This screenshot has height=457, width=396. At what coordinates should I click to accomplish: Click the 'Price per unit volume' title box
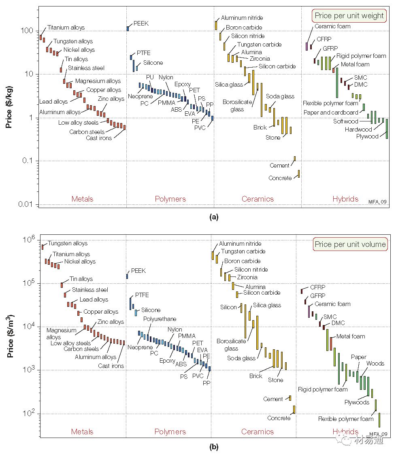[350, 244]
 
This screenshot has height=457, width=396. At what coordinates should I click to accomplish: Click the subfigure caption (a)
[213, 217]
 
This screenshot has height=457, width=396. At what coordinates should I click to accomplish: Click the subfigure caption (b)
[213, 447]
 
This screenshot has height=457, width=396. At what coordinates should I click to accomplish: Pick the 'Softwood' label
[345, 121]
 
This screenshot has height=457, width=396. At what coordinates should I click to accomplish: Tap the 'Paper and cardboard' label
[330, 113]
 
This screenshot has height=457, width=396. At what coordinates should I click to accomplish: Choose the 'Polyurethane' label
[160, 319]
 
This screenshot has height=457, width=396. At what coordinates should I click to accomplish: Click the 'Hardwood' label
[358, 130]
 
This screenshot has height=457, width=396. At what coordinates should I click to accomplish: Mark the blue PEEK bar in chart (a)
[128, 28]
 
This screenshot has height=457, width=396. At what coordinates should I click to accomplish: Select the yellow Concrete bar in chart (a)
[299, 174]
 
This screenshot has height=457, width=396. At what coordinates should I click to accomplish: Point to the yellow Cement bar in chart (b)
[290, 398]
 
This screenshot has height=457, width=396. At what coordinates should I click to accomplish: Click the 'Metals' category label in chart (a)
[82, 199]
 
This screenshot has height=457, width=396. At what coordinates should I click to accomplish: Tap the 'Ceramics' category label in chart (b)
[258, 431]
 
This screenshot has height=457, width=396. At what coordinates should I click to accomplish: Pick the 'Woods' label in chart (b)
[375, 363]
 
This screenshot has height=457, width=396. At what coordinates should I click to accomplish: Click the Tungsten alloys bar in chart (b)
[43, 247]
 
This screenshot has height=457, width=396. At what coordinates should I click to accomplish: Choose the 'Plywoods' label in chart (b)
[357, 402]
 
